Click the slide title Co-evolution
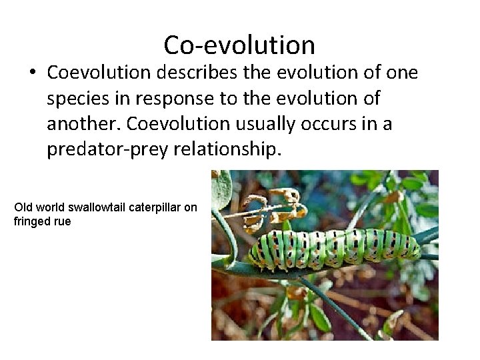(x=239, y=45)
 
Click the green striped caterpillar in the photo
(x=333, y=247)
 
